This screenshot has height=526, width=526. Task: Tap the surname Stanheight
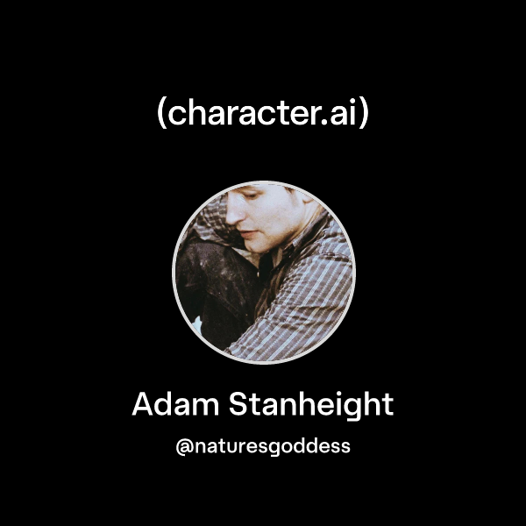[311, 406]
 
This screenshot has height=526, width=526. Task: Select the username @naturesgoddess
[263, 446]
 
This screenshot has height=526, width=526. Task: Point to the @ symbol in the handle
[184, 446]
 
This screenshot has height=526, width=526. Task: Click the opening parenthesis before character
[161, 114]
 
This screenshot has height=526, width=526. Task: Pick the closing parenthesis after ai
[364, 114]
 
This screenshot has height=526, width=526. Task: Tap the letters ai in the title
[345, 114]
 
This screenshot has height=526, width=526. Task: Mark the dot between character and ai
[329, 123]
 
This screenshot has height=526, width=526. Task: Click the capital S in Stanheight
[239, 405]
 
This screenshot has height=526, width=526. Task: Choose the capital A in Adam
[144, 405]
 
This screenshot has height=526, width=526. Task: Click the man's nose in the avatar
[238, 229]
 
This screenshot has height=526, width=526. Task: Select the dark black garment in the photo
[215, 289]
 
